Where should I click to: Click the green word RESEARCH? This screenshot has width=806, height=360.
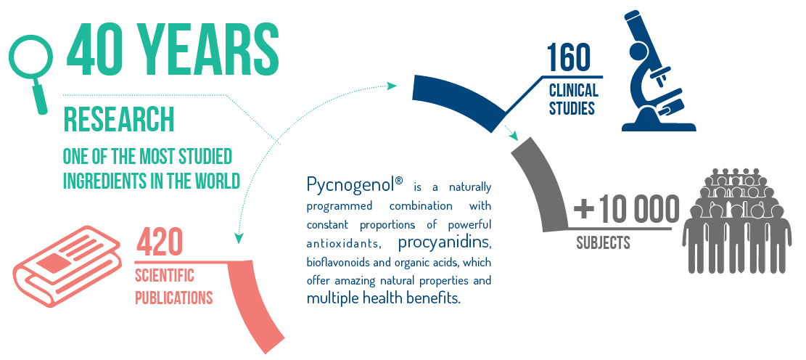tap(118, 119)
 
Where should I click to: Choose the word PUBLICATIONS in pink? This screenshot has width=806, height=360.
tap(173, 298)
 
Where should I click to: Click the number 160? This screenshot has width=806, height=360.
tap(569, 57)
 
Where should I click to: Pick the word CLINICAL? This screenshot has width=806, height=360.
tap(573, 91)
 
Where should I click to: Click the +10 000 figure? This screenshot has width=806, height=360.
tap(627, 210)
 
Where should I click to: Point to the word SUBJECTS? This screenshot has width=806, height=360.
tap(604, 242)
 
